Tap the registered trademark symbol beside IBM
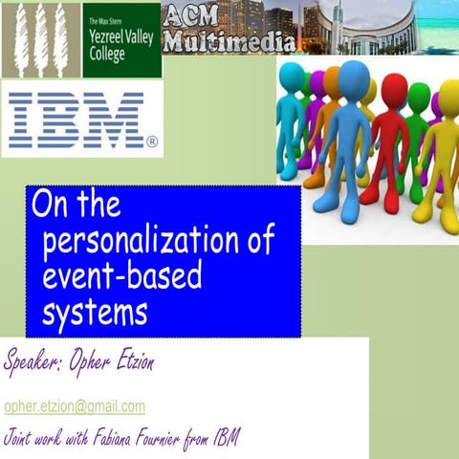pyautogui.click(x=151, y=142)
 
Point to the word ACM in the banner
pyautogui.click(x=192, y=15)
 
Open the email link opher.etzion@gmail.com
pyautogui.click(x=75, y=406)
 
